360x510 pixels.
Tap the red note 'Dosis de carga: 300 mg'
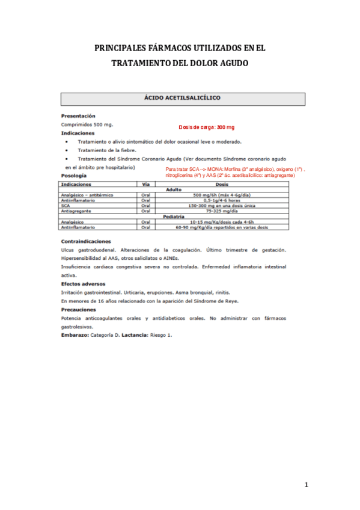click(206, 127)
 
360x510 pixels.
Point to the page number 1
click(306, 485)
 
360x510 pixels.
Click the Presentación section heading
click(78, 115)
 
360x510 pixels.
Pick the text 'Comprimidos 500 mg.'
click(87, 124)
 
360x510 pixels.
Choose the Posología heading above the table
click(75, 175)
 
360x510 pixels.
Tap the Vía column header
click(145, 183)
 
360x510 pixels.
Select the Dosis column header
click(221, 183)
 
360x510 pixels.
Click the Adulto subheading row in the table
click(173, 189)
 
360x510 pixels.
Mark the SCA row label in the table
click(66, 206)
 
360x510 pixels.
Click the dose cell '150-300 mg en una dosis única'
click(221, 206)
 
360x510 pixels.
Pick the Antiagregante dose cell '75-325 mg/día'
click(221, 211)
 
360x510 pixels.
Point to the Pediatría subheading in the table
click(173, 217)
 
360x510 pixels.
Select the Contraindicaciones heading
click(86, 241)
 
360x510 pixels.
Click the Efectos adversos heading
click(83, 283)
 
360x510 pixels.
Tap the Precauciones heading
click(79, 310)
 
